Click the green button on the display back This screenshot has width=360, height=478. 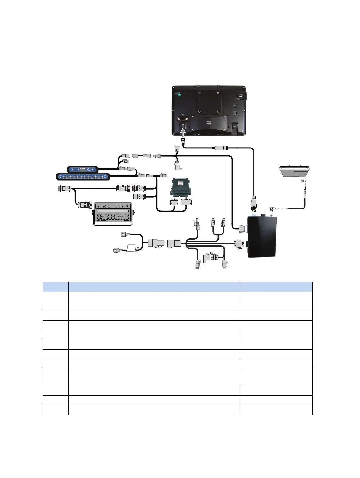pos(179,95)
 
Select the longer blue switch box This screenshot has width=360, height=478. pos(83,177)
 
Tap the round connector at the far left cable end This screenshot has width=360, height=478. pos(63,189)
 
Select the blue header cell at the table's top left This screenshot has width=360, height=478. pos(56,287)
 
